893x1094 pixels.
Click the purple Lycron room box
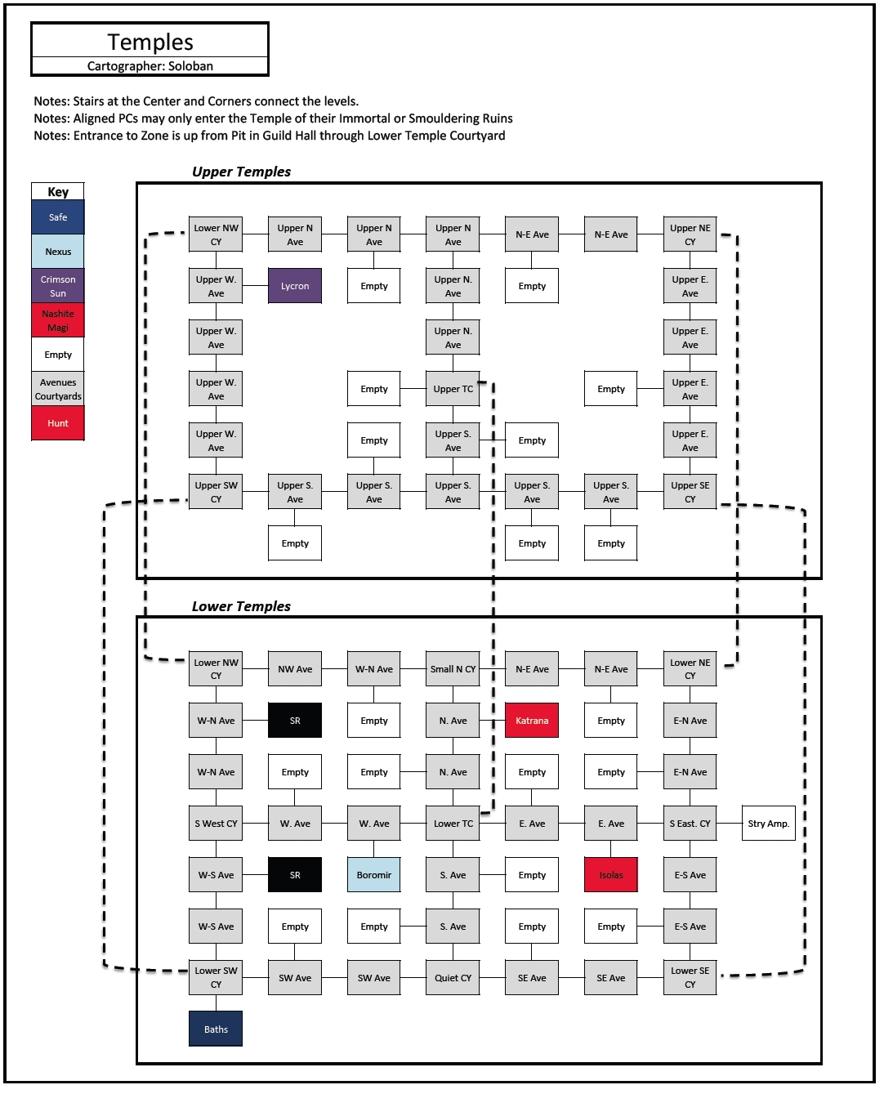click(x=295, y=286)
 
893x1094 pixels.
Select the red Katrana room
click(x=532, y=721)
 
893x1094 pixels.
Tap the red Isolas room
click(x=611, y=875)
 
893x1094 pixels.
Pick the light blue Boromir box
click(x=373, y=875)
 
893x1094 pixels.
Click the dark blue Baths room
click(x=216, y=1029)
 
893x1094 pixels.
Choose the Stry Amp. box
click(x=769, y=824)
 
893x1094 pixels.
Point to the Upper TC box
click(x=453, y=389)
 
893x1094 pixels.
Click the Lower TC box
click(x=453, y=824)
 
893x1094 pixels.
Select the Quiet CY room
click(x=453, y=978)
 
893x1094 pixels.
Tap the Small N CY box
click(x=453, y=669)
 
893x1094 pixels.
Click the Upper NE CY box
click(x=690, y=234)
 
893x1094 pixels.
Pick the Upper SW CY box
click(x=216, y=492)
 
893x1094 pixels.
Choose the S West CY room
click(x=216, y=824)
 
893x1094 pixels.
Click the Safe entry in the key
click(x=57, y=217)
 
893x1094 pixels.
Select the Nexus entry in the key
click(x=57, y=251)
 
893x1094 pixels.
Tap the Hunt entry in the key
click(x=57, y=423)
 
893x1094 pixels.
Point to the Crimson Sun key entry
click(x=57, y=286)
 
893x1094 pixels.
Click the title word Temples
click(x=150, y=42)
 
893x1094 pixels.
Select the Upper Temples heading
click(x=241, y=172)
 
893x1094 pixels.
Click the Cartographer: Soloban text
click(x=150, y=66)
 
